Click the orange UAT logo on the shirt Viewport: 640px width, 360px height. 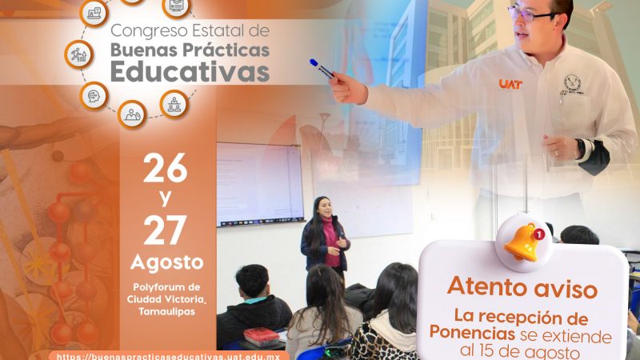click(510, 83)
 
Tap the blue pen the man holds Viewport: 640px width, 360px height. click(322, 68)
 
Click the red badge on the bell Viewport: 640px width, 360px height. click(540, 234)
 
